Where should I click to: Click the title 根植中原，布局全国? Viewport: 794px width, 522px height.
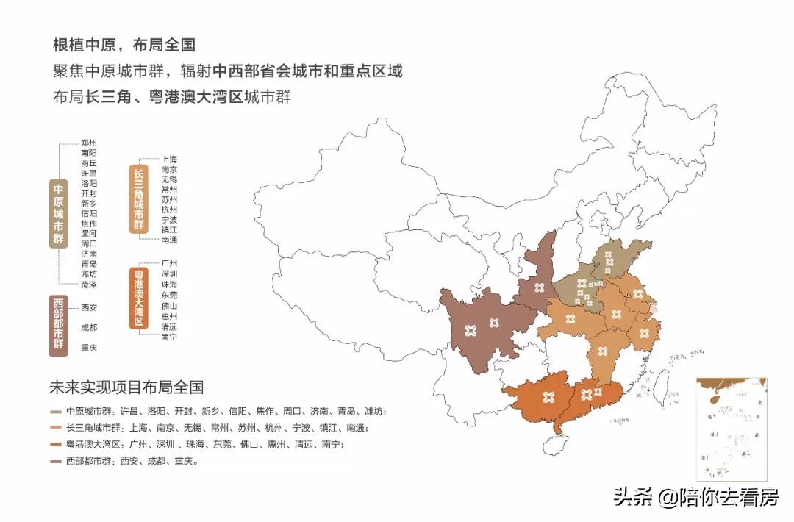(124, 45)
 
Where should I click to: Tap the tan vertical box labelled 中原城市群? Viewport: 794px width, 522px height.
(59, 213)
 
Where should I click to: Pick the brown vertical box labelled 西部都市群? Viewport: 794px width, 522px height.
(59, 326)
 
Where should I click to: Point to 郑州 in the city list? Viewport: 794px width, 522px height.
(89, 143)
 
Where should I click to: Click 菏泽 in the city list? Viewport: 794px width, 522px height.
(89, 285)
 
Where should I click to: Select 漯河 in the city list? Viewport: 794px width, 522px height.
(89, 233)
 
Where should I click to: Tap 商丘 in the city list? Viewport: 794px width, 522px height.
(89, 162)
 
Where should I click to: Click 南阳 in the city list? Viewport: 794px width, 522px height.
(89, 152)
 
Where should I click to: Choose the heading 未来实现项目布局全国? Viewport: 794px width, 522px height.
(126, 387)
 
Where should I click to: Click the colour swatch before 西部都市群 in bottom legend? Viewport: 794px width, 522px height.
(57, 462)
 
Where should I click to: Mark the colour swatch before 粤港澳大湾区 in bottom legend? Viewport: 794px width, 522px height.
(57, 445)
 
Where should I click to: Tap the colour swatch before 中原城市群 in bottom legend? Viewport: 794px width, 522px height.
(57, 412)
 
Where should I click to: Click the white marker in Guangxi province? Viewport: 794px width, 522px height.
(546, 398)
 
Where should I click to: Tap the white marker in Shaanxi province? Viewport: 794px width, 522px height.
(540, 287)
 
